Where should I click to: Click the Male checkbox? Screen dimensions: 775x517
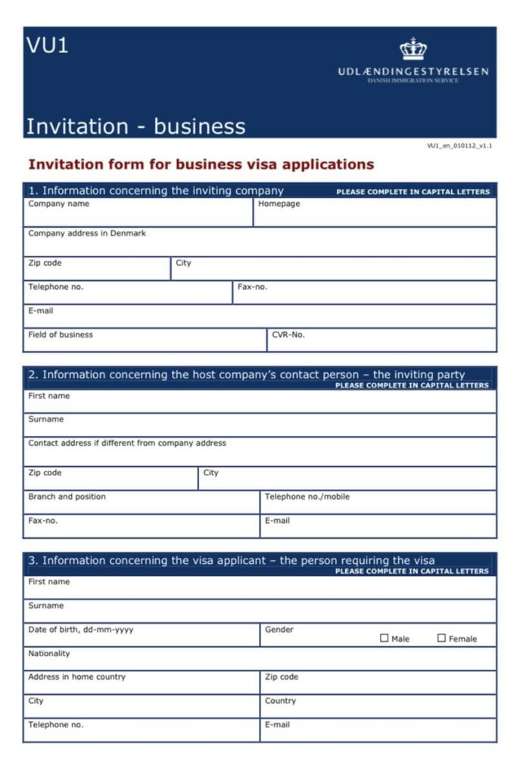(384, 638)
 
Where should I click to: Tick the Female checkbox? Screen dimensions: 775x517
(441, 638)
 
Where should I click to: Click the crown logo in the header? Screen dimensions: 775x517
(413, 49)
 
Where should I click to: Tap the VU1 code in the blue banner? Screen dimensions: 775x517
(48, 45)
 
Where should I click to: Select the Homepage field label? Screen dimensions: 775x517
(279, 204)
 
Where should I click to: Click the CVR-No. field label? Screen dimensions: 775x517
(288, 335)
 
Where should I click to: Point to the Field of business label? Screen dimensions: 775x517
(61, 335)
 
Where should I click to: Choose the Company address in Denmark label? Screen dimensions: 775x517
(87, 233)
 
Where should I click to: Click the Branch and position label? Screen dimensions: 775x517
(67, 496)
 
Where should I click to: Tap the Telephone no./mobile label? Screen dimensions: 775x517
(307, 496)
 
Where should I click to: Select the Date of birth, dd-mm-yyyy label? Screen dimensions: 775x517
(80, 630)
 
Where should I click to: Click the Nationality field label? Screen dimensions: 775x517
(49, 653)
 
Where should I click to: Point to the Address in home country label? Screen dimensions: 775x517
(76, 677)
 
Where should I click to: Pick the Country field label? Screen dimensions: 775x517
(280, 701)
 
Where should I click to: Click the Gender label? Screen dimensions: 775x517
(279, 630)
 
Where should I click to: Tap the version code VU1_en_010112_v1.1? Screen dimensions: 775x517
(459, 145)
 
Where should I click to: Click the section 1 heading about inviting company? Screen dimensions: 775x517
(156, 191)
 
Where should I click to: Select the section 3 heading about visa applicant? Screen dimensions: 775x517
(232, 561)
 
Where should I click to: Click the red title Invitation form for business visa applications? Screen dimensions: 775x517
(201, 164)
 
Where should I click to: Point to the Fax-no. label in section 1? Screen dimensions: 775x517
(252, 287)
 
